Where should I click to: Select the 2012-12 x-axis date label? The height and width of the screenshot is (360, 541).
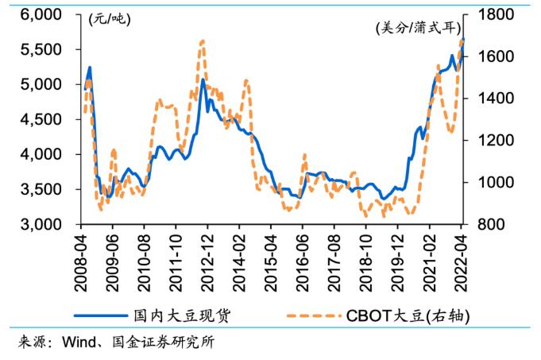(207, 262)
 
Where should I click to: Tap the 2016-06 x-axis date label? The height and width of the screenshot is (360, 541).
(302, 262)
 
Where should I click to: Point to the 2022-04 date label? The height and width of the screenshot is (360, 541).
(462, 262)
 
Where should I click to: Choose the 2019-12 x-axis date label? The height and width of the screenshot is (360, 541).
(397, 262)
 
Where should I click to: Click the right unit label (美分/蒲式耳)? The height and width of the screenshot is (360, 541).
(418, 29)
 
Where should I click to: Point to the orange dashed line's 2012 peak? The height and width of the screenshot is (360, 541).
(203, 41)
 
